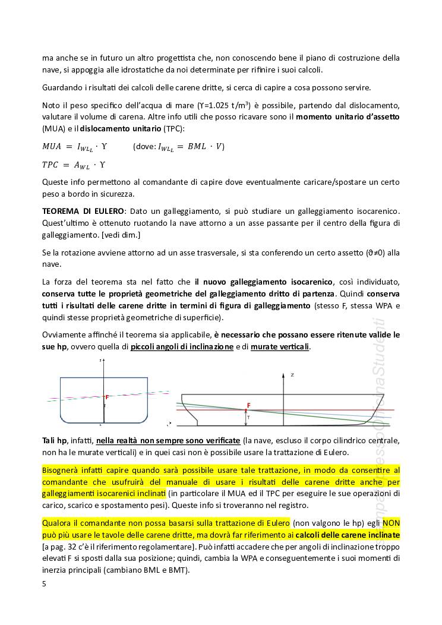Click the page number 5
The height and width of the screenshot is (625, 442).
tap(44, 583)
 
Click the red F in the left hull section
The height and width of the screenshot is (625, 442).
tap(107, 396)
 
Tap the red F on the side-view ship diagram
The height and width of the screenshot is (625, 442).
tap(249, 405)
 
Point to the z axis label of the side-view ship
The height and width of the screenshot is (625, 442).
tap(292, 375)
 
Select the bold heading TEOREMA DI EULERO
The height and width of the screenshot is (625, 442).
tap(83, 211)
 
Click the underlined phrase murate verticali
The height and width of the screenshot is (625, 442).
tap(280, 346)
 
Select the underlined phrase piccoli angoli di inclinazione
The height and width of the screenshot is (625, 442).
tap(182, 346)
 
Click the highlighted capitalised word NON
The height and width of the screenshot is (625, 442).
tap(391, 523)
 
